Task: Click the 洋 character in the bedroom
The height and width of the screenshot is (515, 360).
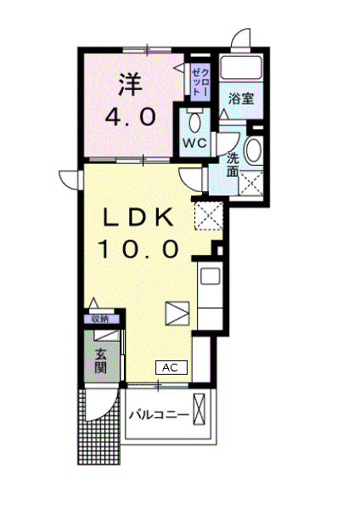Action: (x=130, y=84)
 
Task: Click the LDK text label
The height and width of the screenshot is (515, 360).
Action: (x=141, y=218)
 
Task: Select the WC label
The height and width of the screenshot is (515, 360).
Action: (x=195, y=143)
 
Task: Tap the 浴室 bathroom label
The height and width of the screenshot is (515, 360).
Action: (x=239, y=99)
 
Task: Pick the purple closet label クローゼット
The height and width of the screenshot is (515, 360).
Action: (x=200, y=81)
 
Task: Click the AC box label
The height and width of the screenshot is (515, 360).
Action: (x=170, y=367)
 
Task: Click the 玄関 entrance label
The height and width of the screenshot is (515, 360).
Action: (x=101, y=360)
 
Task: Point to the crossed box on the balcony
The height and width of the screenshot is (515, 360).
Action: (x=200, y=409)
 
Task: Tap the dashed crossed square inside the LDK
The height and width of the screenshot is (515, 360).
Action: (x=206, y=215)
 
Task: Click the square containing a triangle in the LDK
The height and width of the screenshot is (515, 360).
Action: (x=176, y=312)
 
